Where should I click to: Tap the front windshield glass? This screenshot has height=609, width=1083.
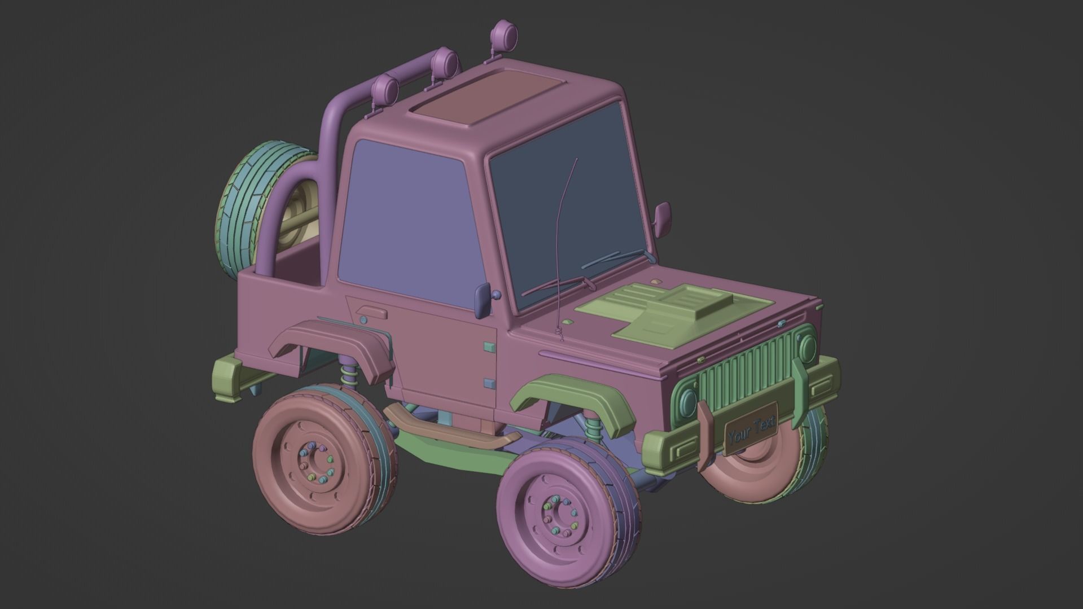pyautogui.click(x=570, y=203)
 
